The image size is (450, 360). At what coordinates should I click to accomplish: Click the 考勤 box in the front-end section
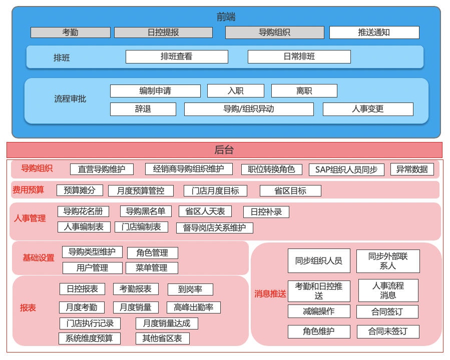pyautogui.click(x=70, y=32)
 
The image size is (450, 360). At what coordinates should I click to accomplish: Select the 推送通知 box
pyautogui.click(x=374, y=32)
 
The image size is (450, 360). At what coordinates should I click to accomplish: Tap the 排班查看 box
pyautogui.click(x=177, y=56)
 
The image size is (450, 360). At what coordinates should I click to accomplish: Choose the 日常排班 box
pyautogui.click(x=299, y=56)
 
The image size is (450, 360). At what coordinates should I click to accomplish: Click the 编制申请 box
pyautogui.click(x=155, y=91)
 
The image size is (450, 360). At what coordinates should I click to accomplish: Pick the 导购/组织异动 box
pyautogui.click(x=249, y=109)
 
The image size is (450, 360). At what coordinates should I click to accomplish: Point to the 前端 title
pyautogui.click(x=226, y=17)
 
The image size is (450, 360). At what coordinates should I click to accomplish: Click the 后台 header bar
pyautogui.click(x=224, y=150)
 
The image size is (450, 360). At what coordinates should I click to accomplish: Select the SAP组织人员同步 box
pyautogui.click(x=346, y=169)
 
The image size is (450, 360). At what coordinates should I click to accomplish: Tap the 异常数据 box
pyautogui.click(x=412, y=169)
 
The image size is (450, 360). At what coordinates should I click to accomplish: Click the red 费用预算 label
pyautogui.click(x=28, y=190)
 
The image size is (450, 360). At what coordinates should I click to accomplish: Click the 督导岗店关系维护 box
pyautogui.click(x=214, y=228)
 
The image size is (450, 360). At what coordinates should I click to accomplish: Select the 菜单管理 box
pyautogui.click(x=152, y=267)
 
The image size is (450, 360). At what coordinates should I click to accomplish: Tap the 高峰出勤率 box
pyautogui.click(x=193, y=307)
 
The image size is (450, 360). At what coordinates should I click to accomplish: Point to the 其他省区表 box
pyautogui.click(x=162, y=338)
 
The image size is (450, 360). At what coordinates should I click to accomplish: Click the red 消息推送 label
pyautogui.click(x=270, y=294)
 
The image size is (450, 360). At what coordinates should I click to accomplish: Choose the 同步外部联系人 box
pyautogui.click(x=388, y=261)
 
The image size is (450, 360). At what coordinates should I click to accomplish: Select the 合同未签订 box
pyautogui.click(x=388, y=331)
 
